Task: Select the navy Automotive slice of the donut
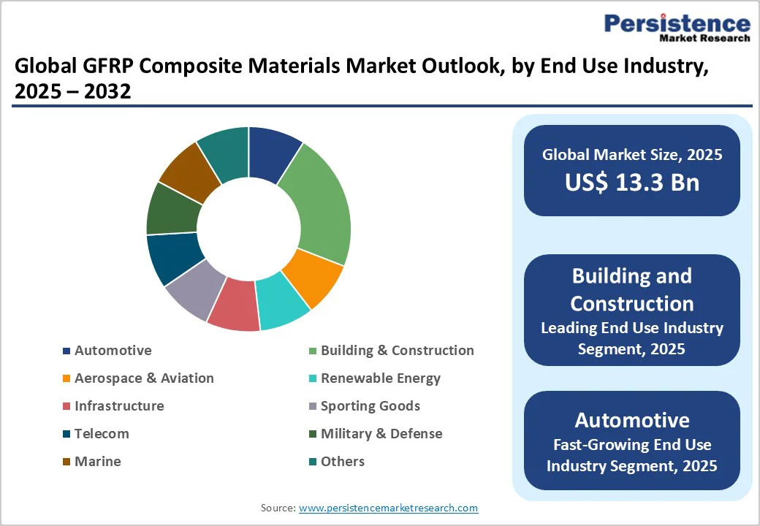273,154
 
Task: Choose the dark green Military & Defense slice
174,207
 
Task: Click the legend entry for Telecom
101,434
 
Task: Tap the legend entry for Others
342,462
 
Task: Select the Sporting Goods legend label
370,406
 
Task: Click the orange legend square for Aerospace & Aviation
66,378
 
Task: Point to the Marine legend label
97,462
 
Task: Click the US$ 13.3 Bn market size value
631,183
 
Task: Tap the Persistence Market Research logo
676,28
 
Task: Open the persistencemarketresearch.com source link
388,508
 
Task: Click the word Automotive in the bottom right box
631,420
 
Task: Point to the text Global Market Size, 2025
631,154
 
